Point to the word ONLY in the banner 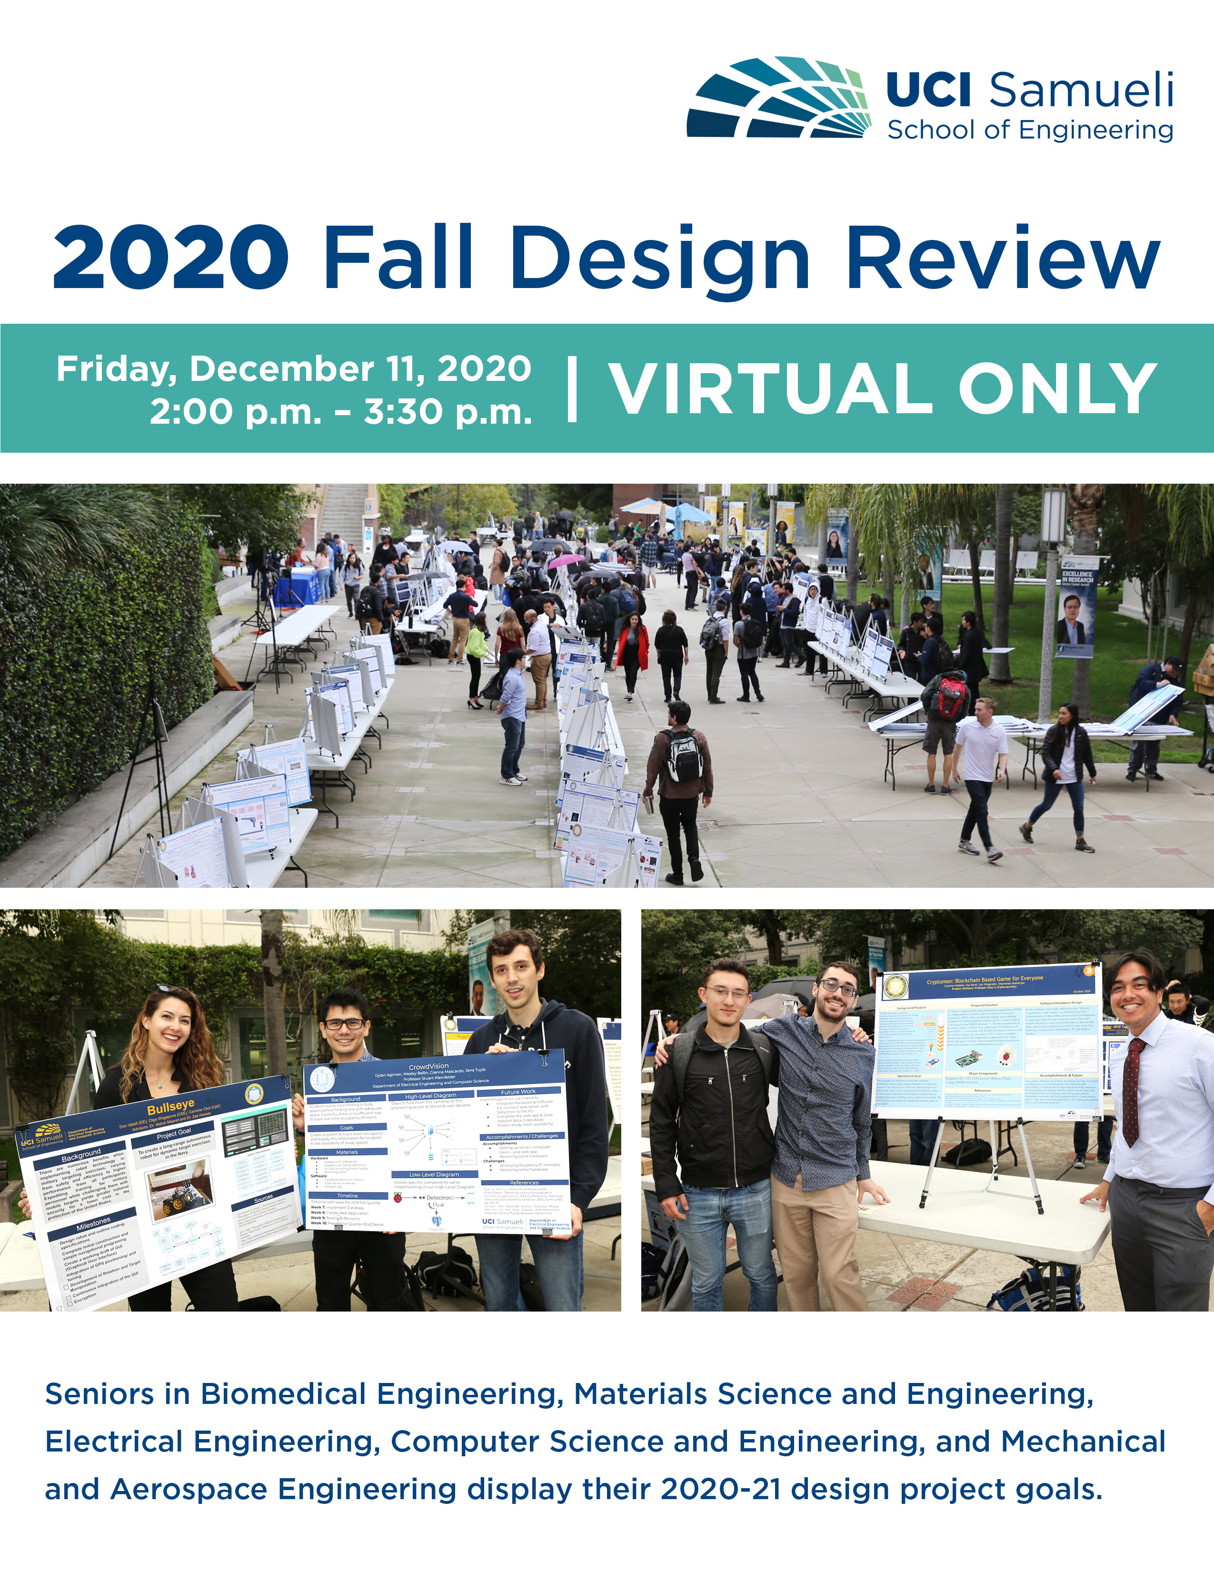click(x=1057, y=388)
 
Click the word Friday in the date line click(x=117, y=369)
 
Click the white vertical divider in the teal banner click(x=572, y=388)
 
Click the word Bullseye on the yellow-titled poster click(x=170, y=1105)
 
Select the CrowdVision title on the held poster click(x=428, y=1066)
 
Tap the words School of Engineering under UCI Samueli click(x=1030, y=130)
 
